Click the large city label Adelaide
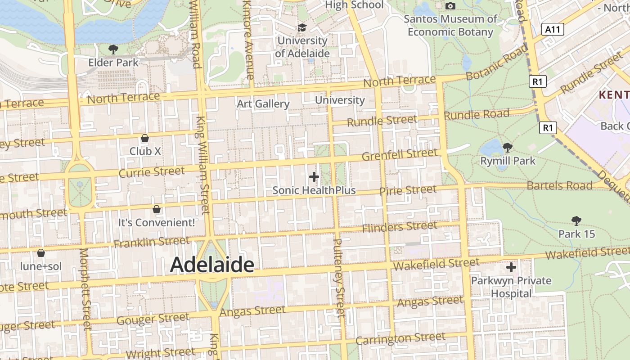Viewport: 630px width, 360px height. (212, 265)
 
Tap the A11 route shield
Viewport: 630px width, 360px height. (553, 30)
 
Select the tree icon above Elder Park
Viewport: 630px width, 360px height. (113, 49)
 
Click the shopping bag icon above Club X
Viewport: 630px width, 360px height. (145, 138)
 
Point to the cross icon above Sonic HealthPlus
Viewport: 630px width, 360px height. (314, 177)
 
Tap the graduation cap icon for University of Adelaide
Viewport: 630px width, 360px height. (302, 28)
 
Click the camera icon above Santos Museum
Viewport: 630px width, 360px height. (450, 6)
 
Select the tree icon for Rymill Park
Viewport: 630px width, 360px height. (508, 147)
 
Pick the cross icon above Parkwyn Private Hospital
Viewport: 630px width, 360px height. (511, 268)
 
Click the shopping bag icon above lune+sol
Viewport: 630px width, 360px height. (41, 253)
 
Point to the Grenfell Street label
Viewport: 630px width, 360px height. (400, 155)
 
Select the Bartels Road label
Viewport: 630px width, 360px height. (559, 185)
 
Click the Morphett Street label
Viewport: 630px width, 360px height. (85, 289)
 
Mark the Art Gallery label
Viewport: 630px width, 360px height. (263, 104)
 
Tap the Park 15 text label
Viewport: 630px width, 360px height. (576, 234)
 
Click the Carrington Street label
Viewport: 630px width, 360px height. (400, 338)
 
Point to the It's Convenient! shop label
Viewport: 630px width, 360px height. (157, 222)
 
